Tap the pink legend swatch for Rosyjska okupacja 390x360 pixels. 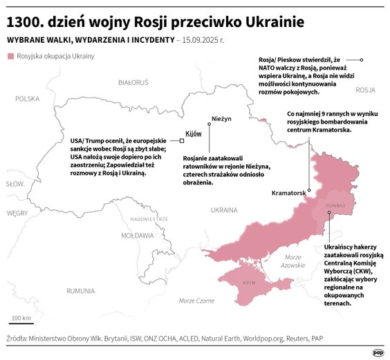tap(9, 56)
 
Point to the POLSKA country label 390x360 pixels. tap(28, 99)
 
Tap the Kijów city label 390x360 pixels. tap(192, 133)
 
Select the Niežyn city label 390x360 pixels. tap(221, 119)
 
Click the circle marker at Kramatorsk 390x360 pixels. tap(310, 189)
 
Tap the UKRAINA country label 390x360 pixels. tap(223, 209)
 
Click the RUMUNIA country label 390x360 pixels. tap(80, 291)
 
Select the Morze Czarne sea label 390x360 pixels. tap(196, 301)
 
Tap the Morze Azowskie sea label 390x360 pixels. tap(293, 261)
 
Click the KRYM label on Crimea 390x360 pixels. tap(250, 283)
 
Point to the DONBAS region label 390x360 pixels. tap(335, 205)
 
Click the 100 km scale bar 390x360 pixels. tap(21, 322)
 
